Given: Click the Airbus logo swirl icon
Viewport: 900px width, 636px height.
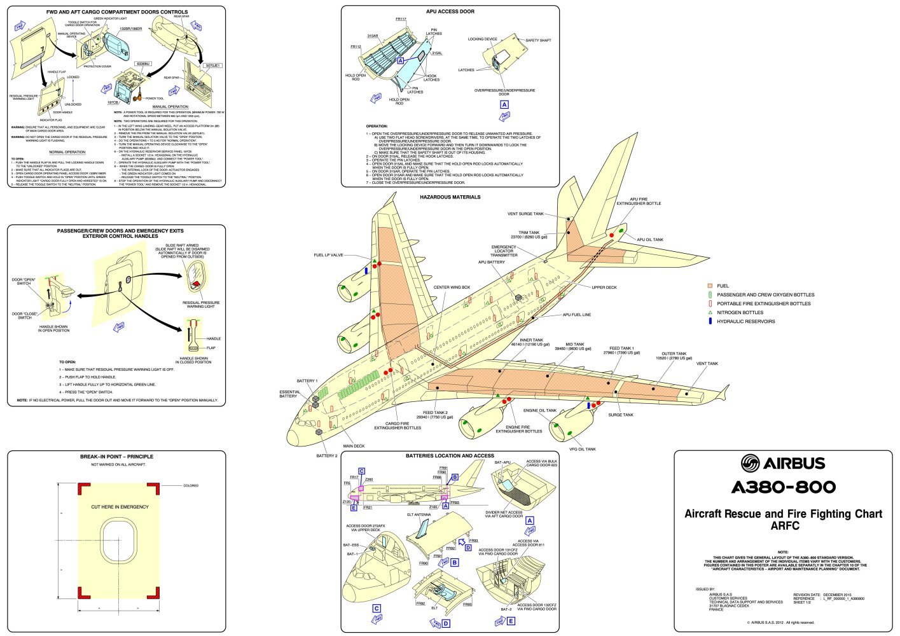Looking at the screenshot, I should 751,463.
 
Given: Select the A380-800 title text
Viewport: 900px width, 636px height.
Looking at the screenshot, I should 784,487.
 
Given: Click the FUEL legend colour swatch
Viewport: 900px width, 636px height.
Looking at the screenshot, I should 710,286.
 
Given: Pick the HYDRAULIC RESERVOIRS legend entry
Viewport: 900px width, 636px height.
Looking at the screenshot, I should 745,321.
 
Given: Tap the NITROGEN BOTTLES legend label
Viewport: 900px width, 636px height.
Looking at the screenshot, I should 740,312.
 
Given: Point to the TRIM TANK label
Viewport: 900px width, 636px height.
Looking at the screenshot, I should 529,233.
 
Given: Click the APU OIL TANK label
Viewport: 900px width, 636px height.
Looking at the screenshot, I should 650,240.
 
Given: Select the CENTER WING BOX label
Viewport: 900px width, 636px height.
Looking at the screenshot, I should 452,287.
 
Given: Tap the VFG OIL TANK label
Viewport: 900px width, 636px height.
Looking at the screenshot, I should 583,449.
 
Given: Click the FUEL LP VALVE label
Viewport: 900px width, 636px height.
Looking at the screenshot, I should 328,255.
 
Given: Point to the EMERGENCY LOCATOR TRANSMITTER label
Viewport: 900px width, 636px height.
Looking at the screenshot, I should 504,251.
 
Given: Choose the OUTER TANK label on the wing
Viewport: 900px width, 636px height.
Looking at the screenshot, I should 674,354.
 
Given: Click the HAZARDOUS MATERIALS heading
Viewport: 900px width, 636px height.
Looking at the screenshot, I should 450,197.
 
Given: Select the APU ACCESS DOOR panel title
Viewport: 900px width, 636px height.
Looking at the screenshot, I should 450,11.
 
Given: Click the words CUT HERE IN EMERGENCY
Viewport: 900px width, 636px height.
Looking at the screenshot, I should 120,507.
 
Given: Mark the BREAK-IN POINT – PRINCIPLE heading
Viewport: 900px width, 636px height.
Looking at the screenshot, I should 116,457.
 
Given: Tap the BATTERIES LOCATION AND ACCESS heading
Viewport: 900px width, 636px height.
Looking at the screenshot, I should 450,455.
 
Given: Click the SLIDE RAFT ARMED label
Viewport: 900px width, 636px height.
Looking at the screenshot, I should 182,245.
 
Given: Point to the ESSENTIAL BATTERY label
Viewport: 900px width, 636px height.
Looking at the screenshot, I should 289,394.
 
